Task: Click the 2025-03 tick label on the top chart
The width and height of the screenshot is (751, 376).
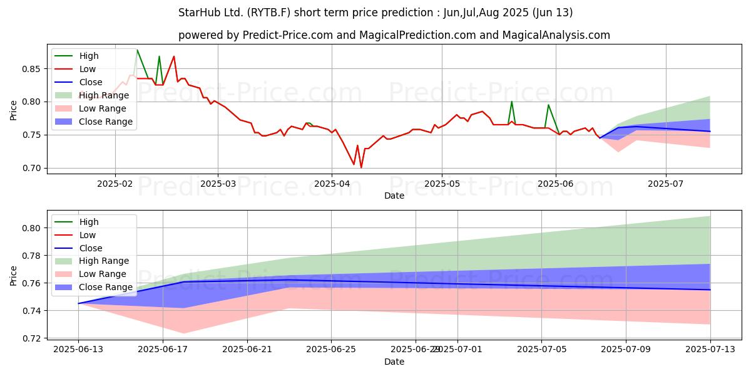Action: coord(218,184)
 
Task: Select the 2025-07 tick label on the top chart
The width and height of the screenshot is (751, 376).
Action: coord(666,184)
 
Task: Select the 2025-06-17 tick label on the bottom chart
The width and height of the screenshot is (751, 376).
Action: coord(163,350)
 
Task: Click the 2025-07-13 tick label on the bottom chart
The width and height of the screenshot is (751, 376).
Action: coord(710,350)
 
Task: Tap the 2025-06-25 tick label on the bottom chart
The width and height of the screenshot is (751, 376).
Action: coord(332,350)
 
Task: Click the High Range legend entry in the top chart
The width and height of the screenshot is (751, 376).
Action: coord(104,95)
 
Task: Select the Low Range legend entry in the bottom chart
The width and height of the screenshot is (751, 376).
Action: coord(103,274)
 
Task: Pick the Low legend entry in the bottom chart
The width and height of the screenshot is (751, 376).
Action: coord(88,235)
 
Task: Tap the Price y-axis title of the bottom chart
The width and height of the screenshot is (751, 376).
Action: coord(13,275)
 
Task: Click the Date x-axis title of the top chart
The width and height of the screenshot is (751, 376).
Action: coord(394,196)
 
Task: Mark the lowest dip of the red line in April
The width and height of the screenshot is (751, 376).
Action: coord(361,167)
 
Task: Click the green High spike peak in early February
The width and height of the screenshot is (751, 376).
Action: coord(137,50)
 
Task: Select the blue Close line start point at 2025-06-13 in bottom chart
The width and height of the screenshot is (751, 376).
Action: coord(78,303)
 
